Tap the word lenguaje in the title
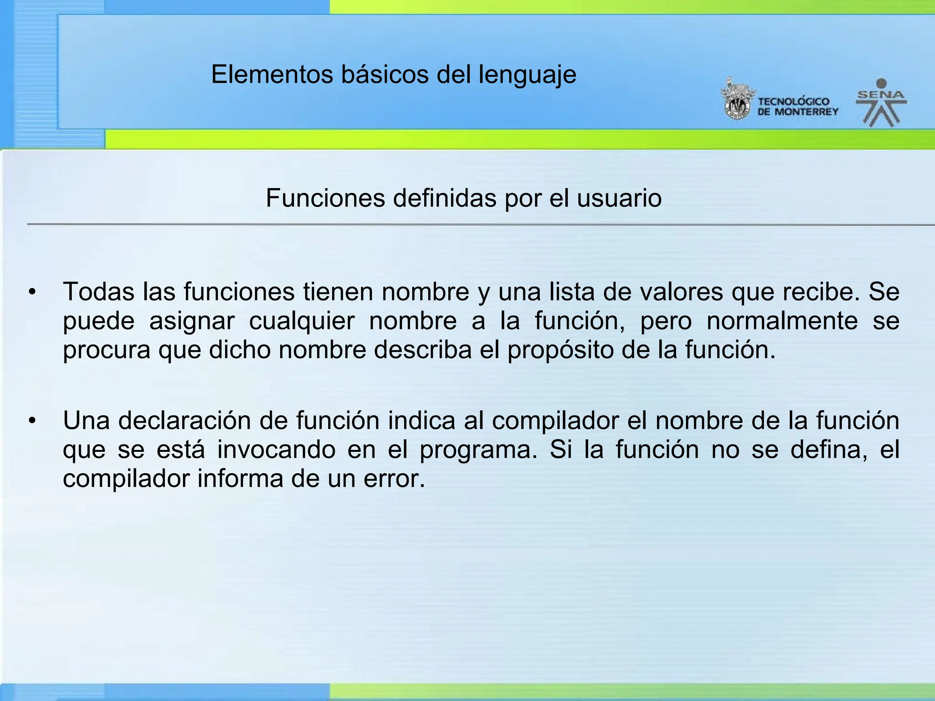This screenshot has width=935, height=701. [x=527, y=75]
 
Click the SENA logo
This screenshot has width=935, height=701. [x=881, y=103]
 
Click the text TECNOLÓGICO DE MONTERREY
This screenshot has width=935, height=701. [x=798, y=107]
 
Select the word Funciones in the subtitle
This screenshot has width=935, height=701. [x=325, y=198]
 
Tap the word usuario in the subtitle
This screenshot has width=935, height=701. [x=619, y=198]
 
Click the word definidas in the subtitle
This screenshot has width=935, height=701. [x=445, y=198]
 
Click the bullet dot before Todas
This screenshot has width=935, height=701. [x=32, y=292]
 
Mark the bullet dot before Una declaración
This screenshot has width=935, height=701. [x=32, y=420]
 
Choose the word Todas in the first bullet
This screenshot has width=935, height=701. [x=99, y=292]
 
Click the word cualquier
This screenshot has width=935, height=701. [x=301, y=321]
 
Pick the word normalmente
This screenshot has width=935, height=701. [x=782, y=321]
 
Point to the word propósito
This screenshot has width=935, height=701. [x=572, y=350]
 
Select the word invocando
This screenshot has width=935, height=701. [x=276, y=450]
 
